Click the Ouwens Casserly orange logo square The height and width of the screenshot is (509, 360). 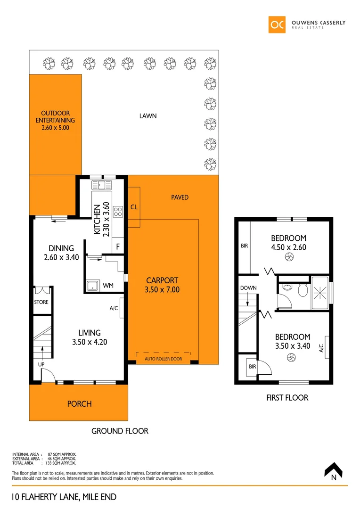coord(277,25)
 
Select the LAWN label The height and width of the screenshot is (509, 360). coord(148,116)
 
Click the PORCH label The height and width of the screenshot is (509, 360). coord(79,404)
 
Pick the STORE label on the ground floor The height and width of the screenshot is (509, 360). coord(41,302)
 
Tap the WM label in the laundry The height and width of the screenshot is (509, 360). coord(108,286)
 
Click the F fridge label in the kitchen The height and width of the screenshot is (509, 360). coord(118,246)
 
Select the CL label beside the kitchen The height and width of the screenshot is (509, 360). coord(134,207)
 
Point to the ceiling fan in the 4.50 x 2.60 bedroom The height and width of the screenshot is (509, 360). coord(289,257)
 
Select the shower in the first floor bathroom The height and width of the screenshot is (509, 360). coord(320,293)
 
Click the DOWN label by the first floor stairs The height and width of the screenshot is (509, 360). coord(248,288)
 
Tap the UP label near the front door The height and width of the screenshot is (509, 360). coord(41,364)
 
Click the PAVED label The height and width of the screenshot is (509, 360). coord(180,197)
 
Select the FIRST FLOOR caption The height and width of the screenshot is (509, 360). coord(287,398)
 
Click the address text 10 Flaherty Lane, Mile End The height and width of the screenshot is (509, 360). coord(64,497)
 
